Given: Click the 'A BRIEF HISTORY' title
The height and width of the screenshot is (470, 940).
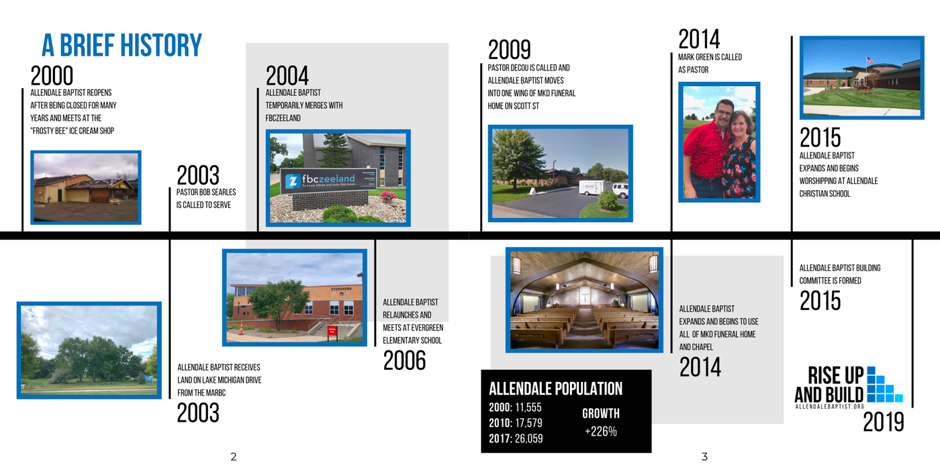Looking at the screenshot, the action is click(122, 45).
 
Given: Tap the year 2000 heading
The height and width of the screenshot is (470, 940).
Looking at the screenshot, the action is click(52, 76).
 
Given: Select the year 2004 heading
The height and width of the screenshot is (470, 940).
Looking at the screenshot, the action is click(287, 76).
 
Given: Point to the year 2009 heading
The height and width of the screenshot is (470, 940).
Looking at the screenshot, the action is click(509, 50).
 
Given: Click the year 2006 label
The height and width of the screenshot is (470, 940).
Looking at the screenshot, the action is click(404, 361).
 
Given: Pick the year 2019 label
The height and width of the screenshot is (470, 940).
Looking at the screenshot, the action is click(884, 422).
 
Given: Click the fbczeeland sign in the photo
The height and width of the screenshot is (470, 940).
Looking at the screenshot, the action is click(328, 181).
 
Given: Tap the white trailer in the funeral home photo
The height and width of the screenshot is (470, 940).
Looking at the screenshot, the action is click(592, 187).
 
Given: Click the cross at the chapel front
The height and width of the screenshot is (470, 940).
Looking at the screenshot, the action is click(585, 296).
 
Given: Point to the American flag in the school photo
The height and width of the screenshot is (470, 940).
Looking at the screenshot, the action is click(870, 60).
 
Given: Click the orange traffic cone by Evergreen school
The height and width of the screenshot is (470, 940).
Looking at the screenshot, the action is click(241, 328).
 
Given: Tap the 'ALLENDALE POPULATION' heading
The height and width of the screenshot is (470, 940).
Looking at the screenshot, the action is click(556, 389).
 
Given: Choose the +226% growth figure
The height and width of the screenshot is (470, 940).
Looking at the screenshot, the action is click(601, 431).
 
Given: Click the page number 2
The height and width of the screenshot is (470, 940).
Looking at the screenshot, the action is click(234, 457).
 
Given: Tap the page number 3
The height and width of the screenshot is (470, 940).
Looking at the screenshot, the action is click(704, 457).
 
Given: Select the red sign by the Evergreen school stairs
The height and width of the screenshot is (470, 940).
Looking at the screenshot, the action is click(332, 330).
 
